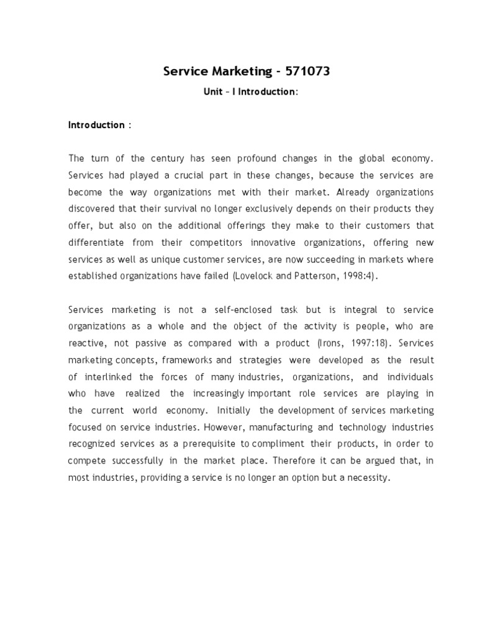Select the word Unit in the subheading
tap(213, 91)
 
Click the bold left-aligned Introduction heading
tap(96, 125)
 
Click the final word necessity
tap(367, 478)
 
